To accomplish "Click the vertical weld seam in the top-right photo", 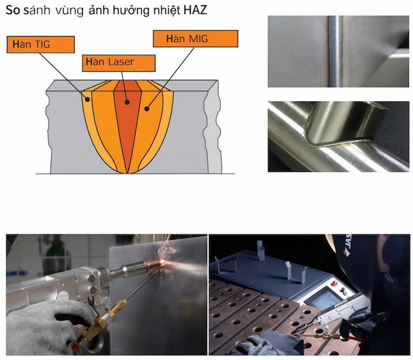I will click(x=336, y=52).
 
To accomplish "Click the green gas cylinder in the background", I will click(x=54, y=253).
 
